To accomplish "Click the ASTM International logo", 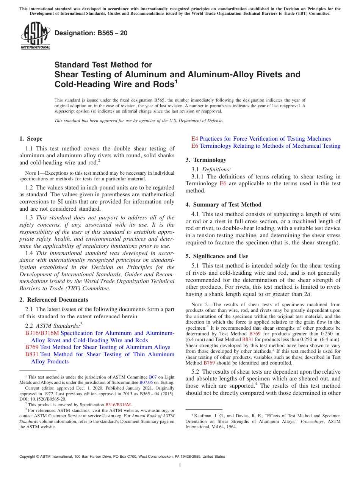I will coord(35,36).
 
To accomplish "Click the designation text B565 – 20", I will coord(91,33).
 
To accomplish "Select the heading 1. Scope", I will coord(31,139).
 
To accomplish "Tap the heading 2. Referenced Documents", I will coord(53,300).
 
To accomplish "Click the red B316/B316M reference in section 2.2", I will coord(42,333).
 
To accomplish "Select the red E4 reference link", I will coord(194,139).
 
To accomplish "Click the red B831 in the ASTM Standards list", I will coord(32,354).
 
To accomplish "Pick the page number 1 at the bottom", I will coord(180,465).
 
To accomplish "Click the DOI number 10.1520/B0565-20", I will coord(48,399).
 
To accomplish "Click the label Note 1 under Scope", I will coord(30,173).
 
